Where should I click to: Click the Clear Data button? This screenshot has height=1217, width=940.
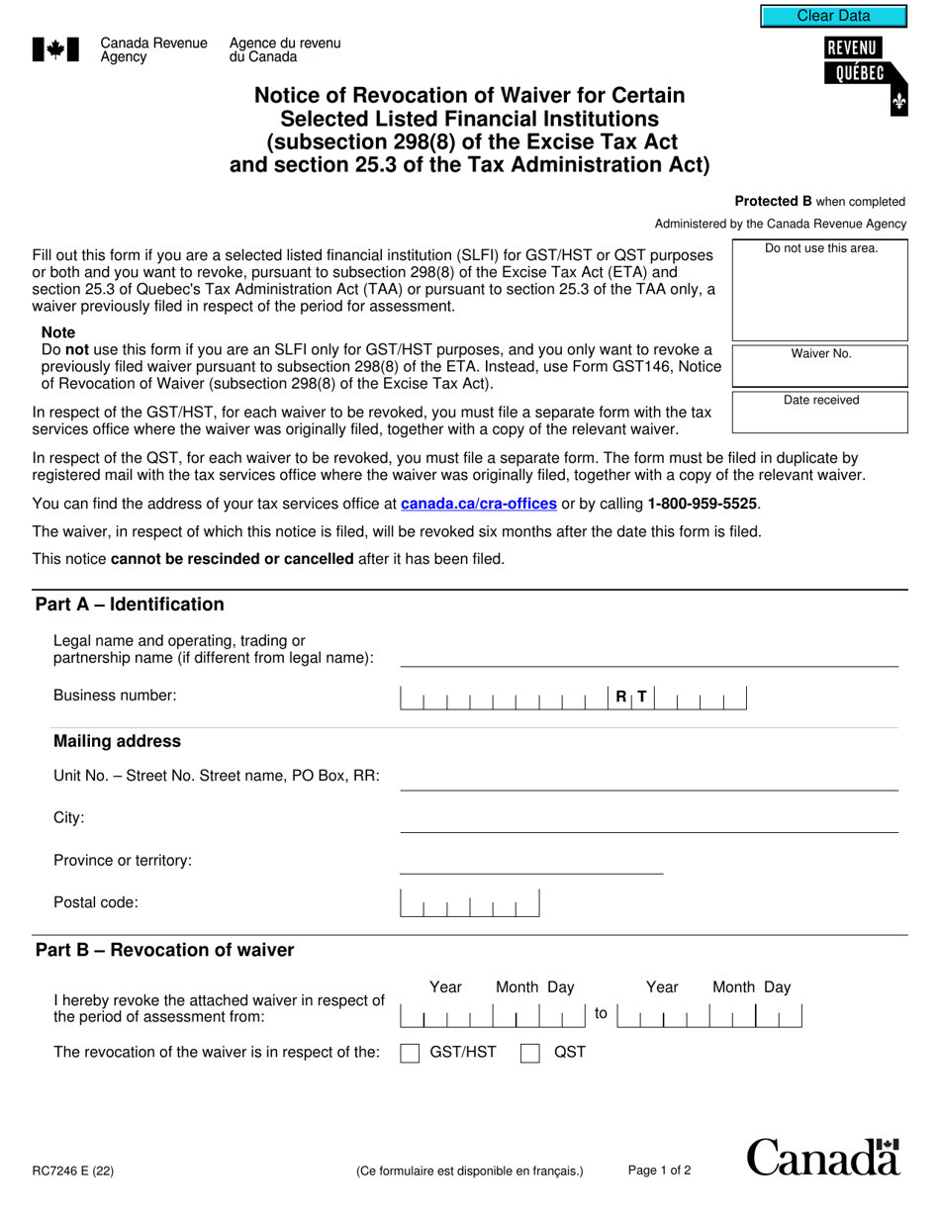pyautogui.click(x=833, y=16)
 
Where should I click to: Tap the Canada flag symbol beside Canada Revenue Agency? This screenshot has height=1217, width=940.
pyautogui.click(x=55, y=50)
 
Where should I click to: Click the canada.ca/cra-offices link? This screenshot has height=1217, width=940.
pyautogui.click(x=478, y=504)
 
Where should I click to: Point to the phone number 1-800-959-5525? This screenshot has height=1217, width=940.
pyautogui.click(x=704, y=504)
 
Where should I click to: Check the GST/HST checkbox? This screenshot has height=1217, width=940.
pyautogui.click(x=410, y=1053)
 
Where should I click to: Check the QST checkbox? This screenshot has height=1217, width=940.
pyautogui.click(x=530, y=1053)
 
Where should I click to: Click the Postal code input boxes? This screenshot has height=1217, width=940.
pyautogui.click(x=470, y=903)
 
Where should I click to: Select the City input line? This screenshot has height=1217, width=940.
pyautogui.click(x=648, y=821)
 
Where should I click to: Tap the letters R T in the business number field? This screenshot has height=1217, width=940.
pyautogui.click(x=630, y=697)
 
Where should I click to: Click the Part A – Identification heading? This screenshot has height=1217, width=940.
pyautogui.click(x=130, y=605)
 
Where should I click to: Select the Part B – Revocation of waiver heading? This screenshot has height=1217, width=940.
pyautogui.click(x=164, y=950)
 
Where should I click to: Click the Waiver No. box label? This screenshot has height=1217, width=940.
pyautogui.click(x=820, y=354)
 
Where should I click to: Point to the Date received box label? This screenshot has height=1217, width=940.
pyautogui.click(x=820, y=401)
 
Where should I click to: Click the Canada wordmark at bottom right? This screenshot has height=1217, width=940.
pyautogui.click(x=822, y=1158)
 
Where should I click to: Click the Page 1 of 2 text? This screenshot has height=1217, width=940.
pyautogui.click(x=659, y=1170)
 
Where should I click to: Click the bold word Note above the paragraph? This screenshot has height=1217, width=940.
pyautogui.click(x=58, y=332)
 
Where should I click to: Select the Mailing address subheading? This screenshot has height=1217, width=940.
pyautogui.click(x=117, y=741)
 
